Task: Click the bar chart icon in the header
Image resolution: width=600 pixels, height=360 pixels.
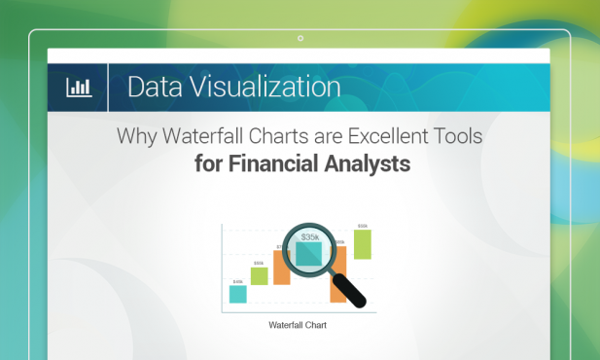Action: (78, 88)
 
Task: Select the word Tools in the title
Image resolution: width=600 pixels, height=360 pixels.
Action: (456, 136)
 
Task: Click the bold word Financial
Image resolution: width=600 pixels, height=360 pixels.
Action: (281, 164)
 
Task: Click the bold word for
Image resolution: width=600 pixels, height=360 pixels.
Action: (208, 164)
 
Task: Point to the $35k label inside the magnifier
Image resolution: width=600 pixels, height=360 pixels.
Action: (309, 236)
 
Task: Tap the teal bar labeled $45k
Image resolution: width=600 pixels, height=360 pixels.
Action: (237, 294)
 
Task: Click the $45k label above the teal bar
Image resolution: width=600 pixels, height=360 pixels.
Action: (237, 281)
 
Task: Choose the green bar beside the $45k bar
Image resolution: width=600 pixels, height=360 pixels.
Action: (259, 276)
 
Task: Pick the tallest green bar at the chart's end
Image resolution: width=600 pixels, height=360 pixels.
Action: (362, 245)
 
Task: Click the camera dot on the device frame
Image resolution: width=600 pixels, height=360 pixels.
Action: (300, 39)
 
